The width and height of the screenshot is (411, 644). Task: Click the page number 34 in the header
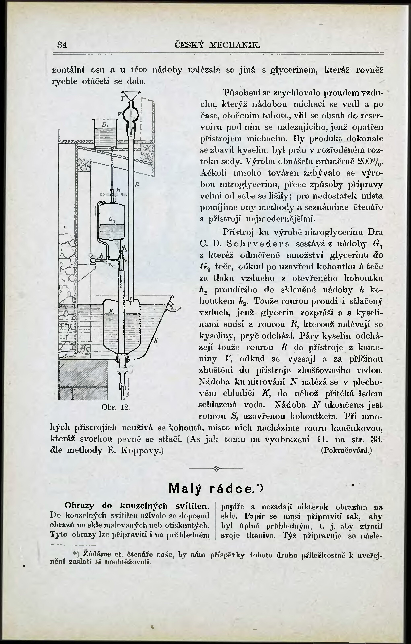62,45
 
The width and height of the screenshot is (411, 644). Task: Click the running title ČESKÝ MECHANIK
217,45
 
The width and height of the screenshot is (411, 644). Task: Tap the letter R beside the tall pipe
136,185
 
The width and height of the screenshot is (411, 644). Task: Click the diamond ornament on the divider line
216,468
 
